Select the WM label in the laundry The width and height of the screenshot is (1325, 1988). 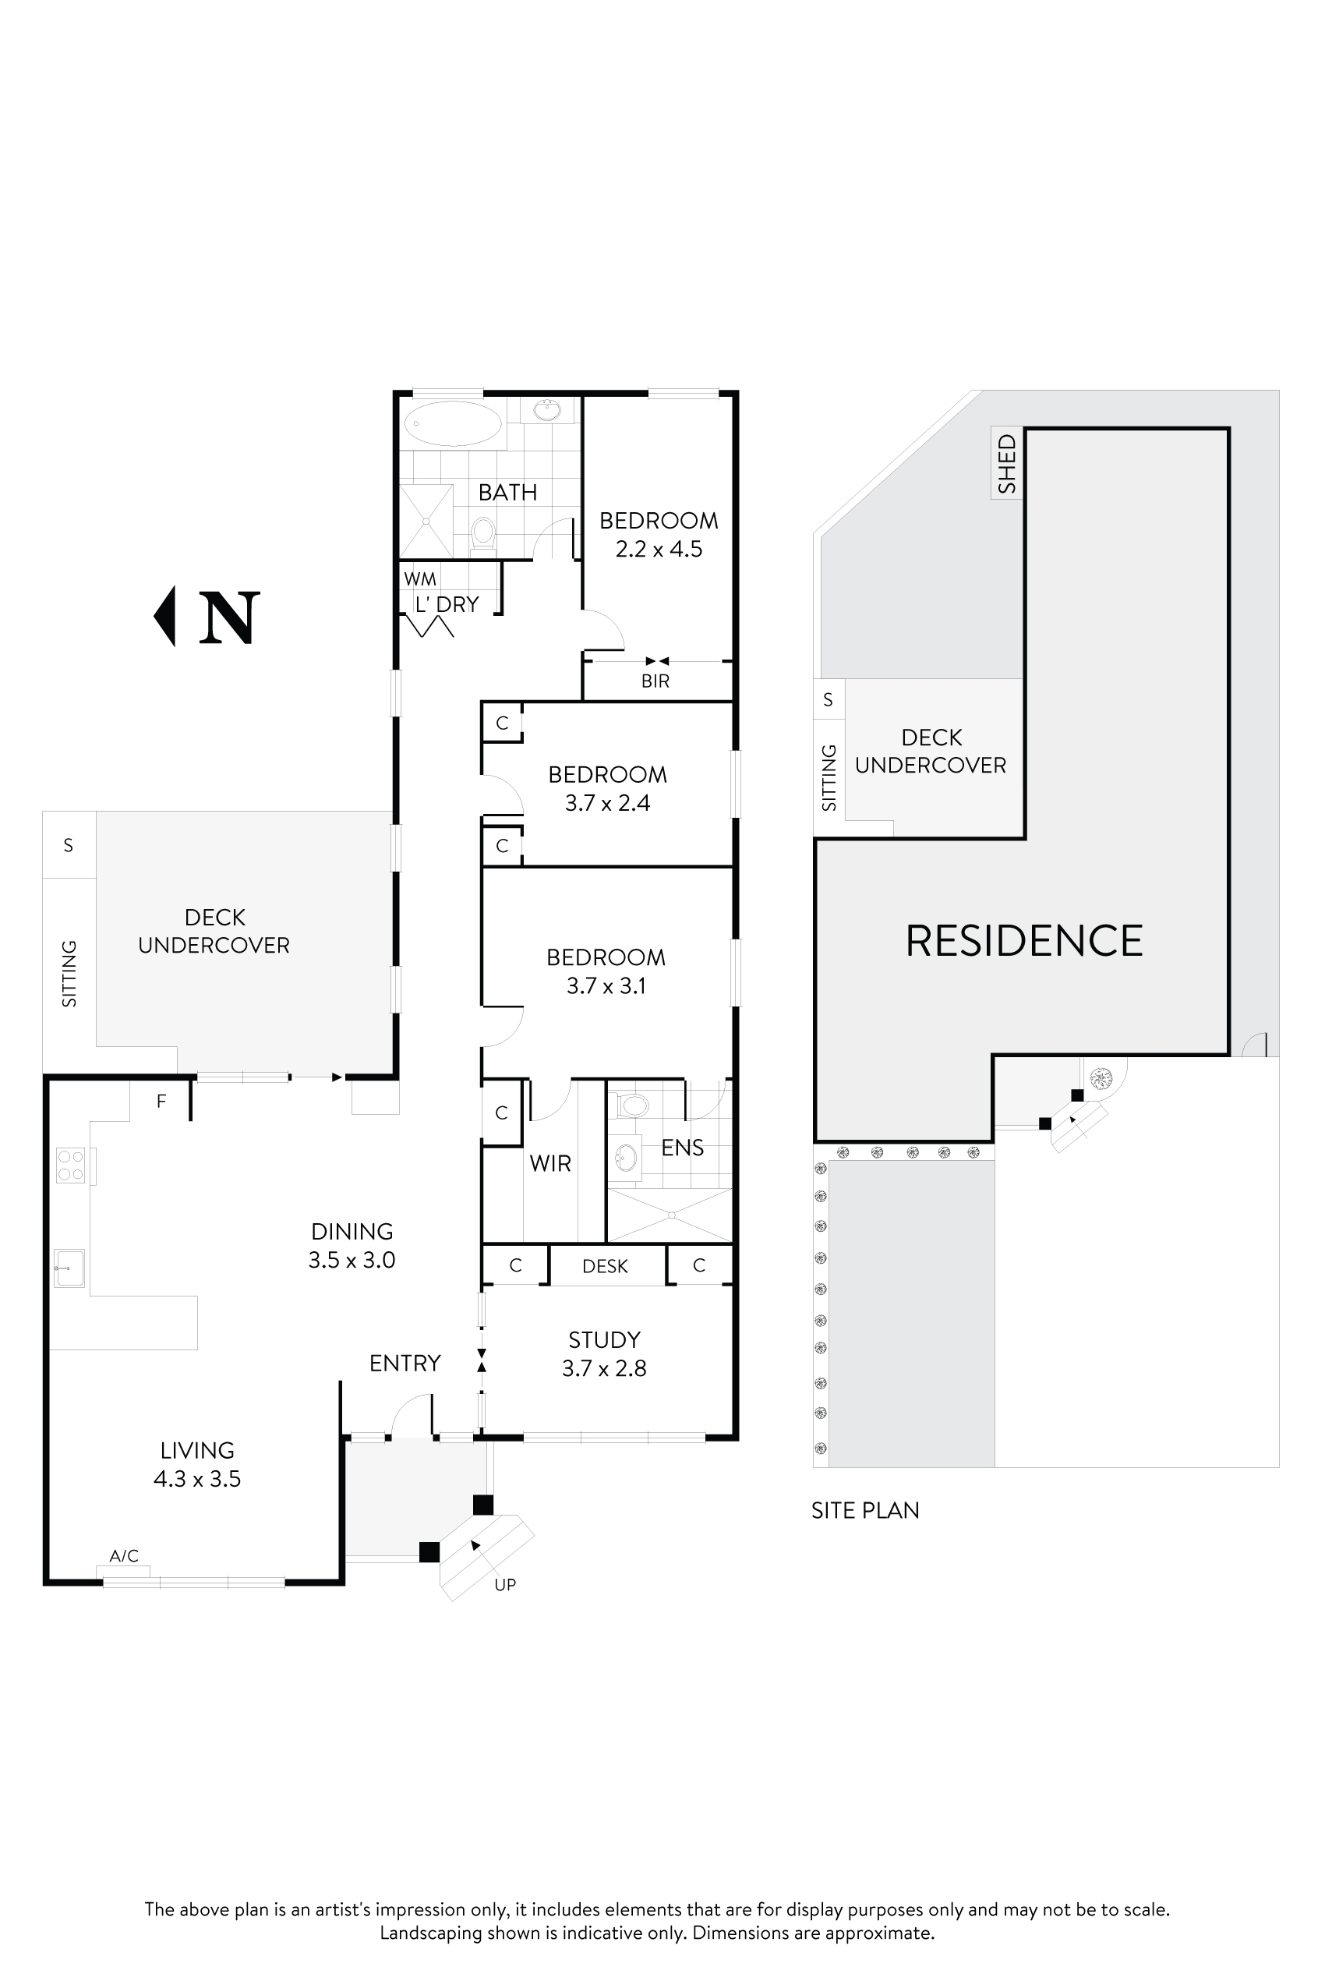tap(420, 579)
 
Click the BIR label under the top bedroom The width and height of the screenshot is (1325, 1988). tap(655, 681)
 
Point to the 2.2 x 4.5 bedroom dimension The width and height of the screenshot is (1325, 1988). tap(659, 550)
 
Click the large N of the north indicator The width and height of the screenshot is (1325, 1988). tap(228, 618)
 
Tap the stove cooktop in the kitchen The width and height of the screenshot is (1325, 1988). tap(71, 1165)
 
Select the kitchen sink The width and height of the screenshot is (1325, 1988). tap(69, 1268)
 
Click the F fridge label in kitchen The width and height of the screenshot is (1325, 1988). tap(161, 1101)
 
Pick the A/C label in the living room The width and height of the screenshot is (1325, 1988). tap(124, 1555)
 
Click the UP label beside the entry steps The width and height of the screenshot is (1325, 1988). tap(505, 1585)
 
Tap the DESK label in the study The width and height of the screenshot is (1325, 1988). tap(605, 1266)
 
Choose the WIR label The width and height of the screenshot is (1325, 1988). tap(550, 1163)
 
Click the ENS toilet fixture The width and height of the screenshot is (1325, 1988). tap(633, 1105)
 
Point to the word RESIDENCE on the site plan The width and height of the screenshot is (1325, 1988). tap(1024, 941)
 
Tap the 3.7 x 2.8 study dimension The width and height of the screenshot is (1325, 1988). tap(604, 1368)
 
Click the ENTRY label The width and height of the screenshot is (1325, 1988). tap(405, 1364)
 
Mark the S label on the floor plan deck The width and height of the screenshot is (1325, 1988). tap(69, 845)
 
